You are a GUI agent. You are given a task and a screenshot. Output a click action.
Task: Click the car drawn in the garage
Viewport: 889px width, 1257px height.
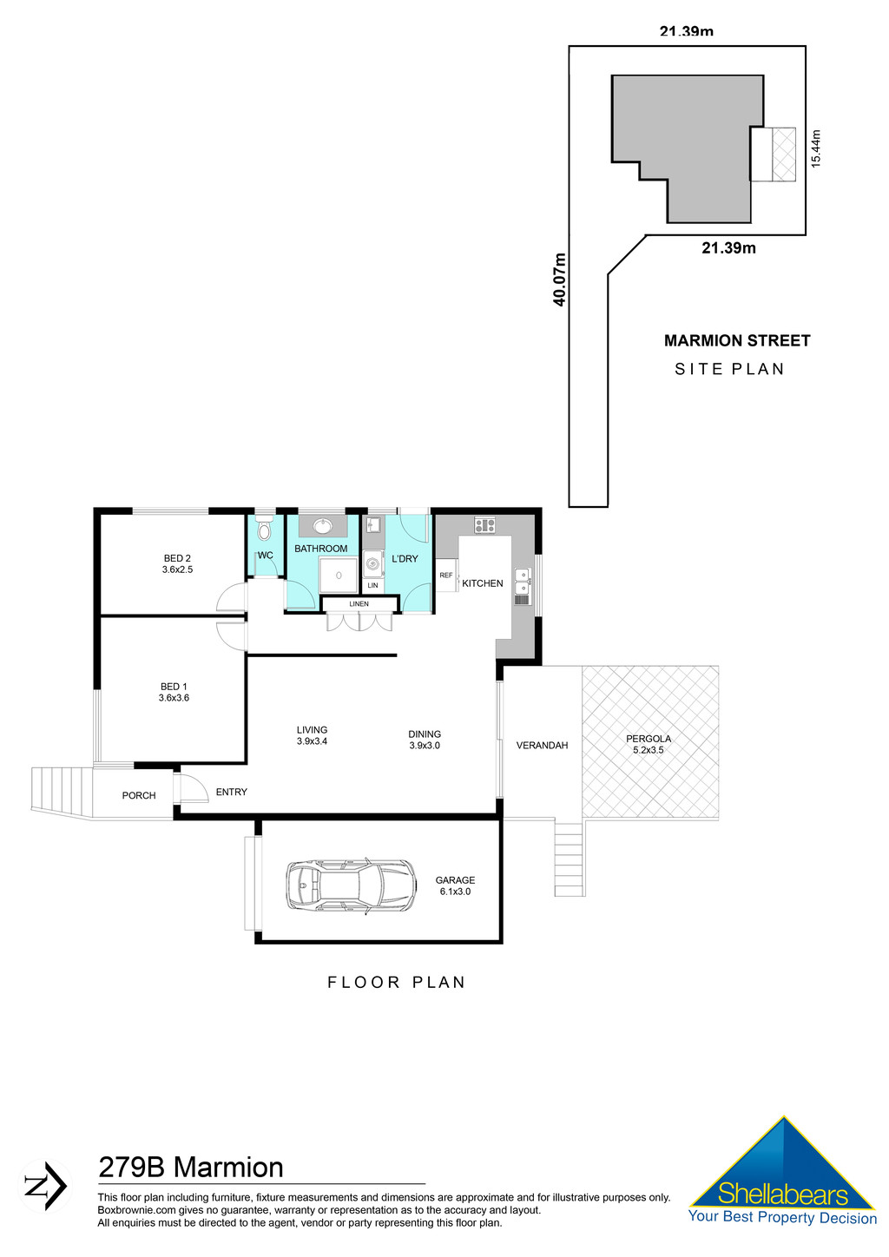click(351, 886)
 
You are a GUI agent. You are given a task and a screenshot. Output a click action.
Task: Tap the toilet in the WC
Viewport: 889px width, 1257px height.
click(266, 530)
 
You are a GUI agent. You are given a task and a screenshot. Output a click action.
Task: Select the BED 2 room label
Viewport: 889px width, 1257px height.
click(177, 564)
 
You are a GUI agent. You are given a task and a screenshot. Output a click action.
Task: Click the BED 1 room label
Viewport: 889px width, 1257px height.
click(174, 692)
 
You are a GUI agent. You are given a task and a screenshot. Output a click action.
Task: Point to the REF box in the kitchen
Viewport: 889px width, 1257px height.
click(446, 576)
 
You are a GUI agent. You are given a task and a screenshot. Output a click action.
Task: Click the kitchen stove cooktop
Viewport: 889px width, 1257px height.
click(484, 525)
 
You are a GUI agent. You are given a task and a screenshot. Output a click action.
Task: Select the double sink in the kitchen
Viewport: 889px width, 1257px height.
click(523, 582)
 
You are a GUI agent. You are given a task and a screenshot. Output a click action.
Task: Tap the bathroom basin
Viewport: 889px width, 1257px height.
click(322, 526)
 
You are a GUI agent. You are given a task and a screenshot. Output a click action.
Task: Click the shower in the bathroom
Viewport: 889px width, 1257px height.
click(339, 576)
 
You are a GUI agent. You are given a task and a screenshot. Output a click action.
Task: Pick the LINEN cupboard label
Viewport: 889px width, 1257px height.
click(359, 604)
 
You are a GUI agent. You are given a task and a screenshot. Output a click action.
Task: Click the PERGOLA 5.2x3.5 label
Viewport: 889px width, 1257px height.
click(649, 744)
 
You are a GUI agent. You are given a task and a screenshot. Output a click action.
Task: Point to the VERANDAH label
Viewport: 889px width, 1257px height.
click(542, 746)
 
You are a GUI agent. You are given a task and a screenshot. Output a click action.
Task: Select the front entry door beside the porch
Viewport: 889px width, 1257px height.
click(188, 788)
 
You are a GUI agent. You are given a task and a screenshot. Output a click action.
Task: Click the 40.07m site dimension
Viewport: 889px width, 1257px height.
click(560, 280)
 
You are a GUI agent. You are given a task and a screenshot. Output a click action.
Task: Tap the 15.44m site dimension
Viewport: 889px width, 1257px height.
click(815, 148)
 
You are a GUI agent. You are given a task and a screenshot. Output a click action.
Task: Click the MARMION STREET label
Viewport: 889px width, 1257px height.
click(737, 341)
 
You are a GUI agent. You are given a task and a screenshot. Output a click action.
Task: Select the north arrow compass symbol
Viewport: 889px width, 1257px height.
click(45, 1186)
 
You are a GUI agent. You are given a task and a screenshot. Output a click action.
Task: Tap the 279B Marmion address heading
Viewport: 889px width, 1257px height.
click(191, 1168)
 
